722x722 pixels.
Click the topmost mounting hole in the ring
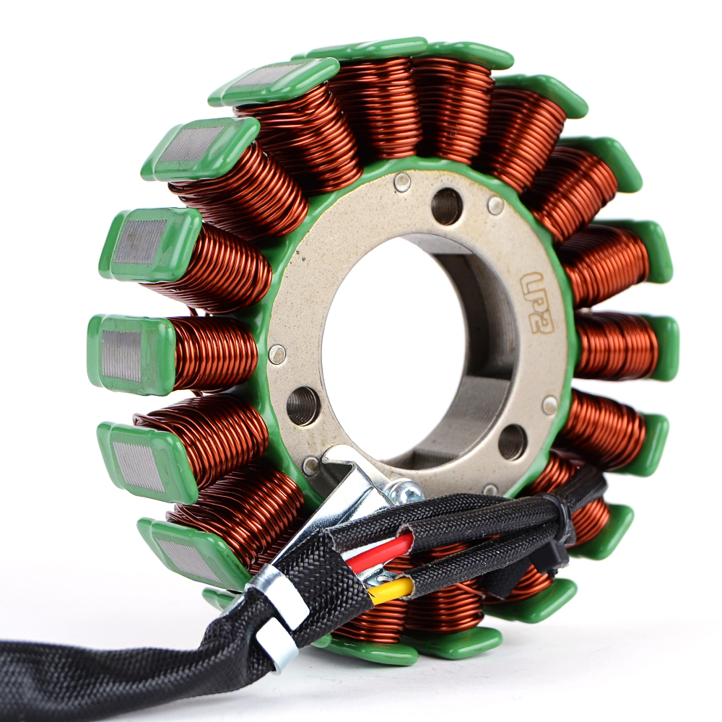(x=447, y=205)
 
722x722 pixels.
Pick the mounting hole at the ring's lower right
(x=512, y=442)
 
